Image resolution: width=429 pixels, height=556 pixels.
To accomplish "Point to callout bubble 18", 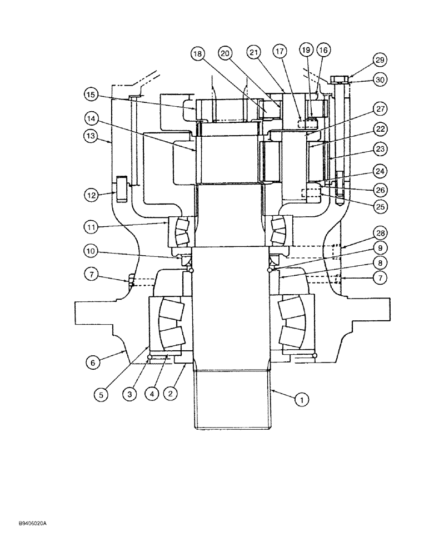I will pyautogui.click(x=197, y=53).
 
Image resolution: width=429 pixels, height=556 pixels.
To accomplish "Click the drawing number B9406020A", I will pyautogui.click(x=27, y=524).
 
